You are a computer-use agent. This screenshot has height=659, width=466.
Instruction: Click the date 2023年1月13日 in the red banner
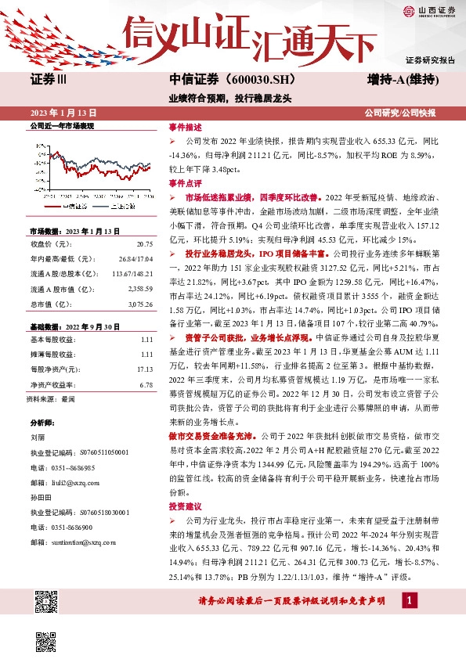(64, 113)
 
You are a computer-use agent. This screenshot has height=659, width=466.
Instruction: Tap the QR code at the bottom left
(46, 602)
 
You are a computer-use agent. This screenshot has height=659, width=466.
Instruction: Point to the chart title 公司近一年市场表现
(61, 127)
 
